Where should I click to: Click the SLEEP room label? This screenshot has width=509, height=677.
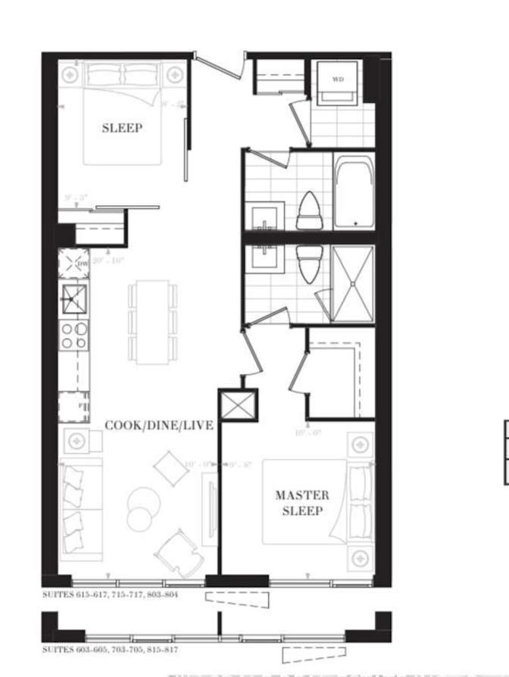(x=121, y=128)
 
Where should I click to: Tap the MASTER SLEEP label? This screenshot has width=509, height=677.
(x=302, y=503)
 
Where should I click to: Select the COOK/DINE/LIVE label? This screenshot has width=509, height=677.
(x=158, y=426)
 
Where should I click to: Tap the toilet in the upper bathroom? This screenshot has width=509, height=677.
(x=309, y=210)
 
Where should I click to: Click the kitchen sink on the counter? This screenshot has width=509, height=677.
(x=74, y=299)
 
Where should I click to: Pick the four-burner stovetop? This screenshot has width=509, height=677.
(x=74, y=335)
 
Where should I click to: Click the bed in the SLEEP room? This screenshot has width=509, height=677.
(x=123, y=114)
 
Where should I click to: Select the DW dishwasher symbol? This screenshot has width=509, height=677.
(x=73, y=264)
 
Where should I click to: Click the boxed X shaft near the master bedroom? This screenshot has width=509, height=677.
(x=238, y=406)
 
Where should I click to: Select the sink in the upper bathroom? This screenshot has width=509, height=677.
(x=267, y=215)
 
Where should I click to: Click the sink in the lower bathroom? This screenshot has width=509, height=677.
(x=267, y=262)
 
